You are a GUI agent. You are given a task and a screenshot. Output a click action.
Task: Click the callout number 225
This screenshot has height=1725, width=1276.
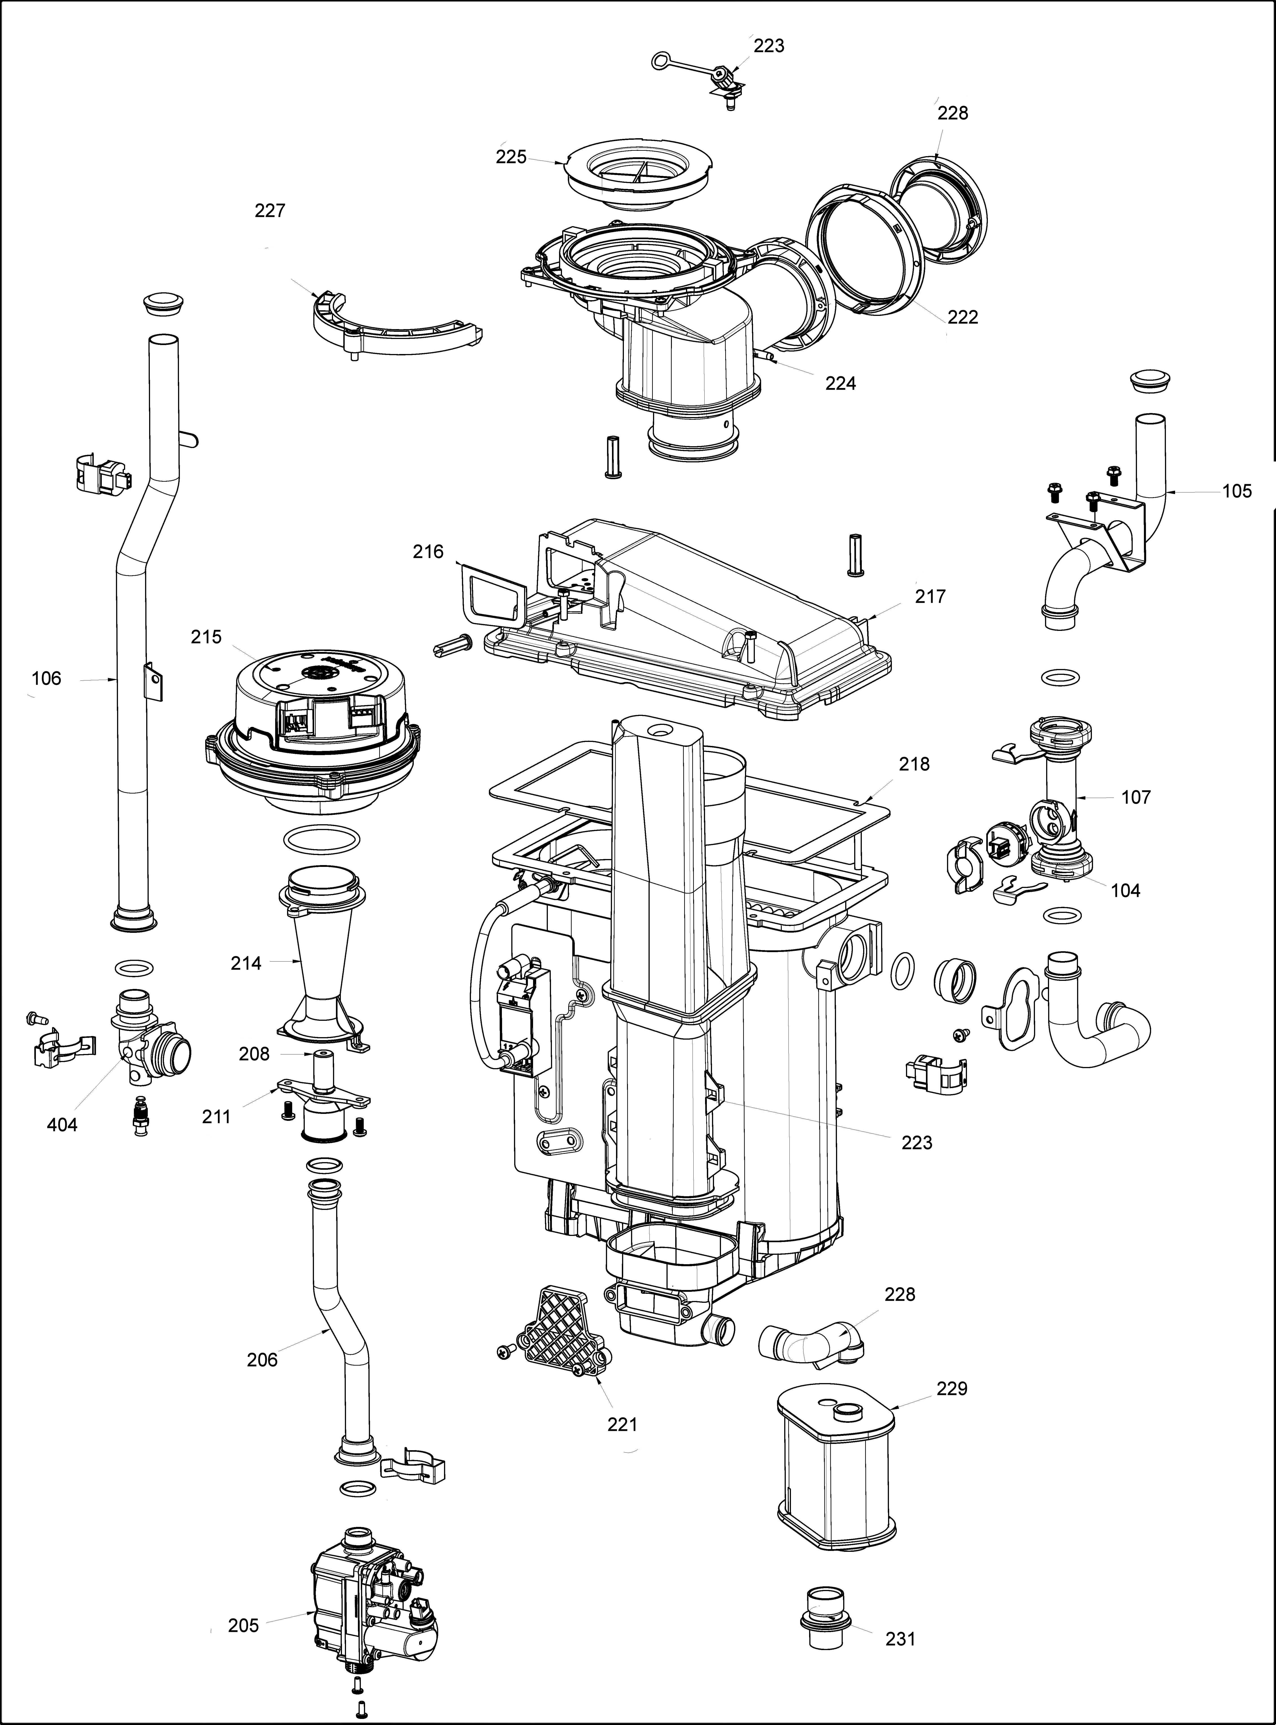tap(511, 157)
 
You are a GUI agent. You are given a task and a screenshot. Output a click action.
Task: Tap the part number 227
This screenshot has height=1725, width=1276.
tap(270, 210)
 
